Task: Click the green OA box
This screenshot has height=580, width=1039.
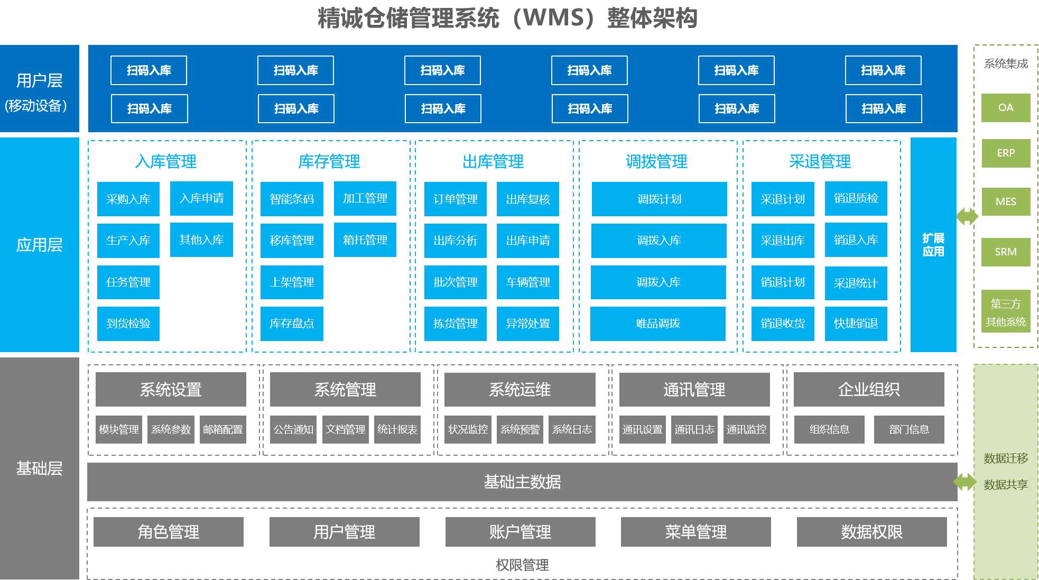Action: (1005, 108)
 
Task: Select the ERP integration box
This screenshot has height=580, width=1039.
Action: (1005, 153)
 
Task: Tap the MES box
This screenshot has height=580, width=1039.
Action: (1005, 201)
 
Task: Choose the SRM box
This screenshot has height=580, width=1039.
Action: (1005, 252)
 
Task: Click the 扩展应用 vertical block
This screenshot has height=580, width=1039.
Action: (933, 245)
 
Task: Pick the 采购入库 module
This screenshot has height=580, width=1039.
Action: (128, 199)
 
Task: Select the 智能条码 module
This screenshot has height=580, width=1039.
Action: (292, 199)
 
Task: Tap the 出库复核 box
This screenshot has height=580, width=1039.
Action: (527, 199)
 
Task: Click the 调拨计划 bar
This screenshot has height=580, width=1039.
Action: (659, 199)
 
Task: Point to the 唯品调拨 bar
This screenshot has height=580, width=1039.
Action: (658, 324)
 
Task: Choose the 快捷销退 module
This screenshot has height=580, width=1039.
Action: (856, 324)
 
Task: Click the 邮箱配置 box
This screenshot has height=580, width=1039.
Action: (222, 429)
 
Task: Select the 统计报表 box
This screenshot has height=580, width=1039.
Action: (397, 429)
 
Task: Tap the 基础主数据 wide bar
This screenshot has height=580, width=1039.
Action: (522, 482)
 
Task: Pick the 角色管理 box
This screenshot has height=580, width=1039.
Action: (168, 532)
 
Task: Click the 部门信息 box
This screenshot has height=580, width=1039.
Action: (908, 429)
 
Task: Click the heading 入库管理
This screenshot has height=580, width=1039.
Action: (166, 161)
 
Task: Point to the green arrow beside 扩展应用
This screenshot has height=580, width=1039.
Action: (967, 216)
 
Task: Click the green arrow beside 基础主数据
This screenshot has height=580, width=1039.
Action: (965, 482)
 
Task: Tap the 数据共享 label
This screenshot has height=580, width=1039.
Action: (1005, 485)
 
